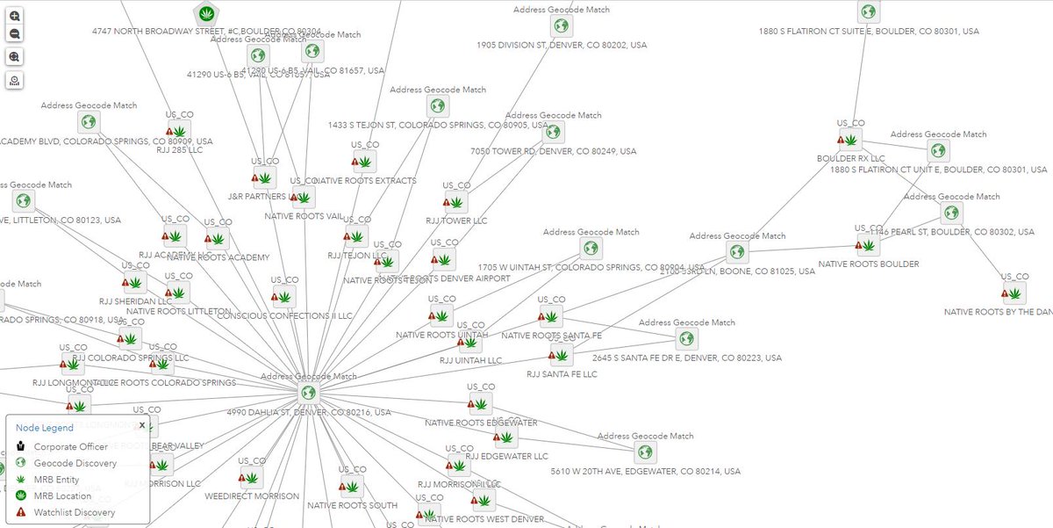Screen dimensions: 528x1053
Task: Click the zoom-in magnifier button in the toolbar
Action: [x=15, y=16]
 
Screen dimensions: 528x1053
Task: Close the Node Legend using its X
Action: [x=141, y=425]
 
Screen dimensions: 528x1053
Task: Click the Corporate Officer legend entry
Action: [x=70, y=446]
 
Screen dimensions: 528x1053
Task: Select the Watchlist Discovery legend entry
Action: [x=74, y=512]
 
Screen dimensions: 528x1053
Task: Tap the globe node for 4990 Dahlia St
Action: [x=308, y=393]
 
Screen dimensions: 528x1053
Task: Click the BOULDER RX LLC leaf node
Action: [x=850, y=139]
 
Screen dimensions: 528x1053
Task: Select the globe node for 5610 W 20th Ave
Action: [x=646, y=452]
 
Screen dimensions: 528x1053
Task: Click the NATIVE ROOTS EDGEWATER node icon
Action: [x=480, y=404]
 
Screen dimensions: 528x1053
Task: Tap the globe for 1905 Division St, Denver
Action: [x=561, y=25]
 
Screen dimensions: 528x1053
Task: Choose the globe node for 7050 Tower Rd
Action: [x=553, y=132]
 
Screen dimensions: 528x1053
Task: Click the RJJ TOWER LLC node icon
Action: [x=456, y=203]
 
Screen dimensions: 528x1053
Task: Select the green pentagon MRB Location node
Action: [x=206, y=13]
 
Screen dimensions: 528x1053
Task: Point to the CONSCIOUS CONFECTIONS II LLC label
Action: [x=284, y=315]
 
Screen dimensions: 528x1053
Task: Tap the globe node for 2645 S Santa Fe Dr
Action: [x=686, y=338]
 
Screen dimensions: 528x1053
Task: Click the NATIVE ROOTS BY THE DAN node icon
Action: [x=1014, y=293]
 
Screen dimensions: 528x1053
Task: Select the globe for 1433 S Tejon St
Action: [x=437, y=106]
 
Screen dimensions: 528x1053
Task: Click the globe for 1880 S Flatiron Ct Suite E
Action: [x=868, y=11]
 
